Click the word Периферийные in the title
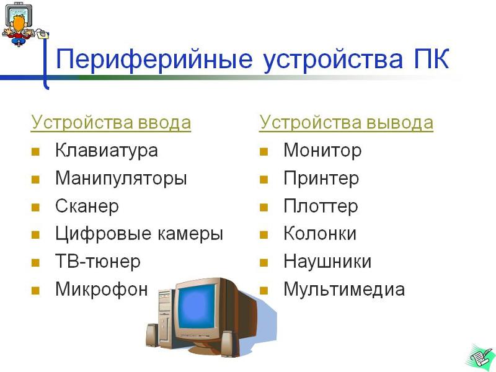154,59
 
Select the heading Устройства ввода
111,123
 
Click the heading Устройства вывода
346,123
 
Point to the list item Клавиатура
107,150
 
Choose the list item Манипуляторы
121,178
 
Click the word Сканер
87,206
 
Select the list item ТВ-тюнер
98,262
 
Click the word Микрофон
102,290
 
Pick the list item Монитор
322,150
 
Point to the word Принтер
321,178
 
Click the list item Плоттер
321,206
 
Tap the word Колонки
320,234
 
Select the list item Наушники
327,262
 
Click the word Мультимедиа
344,290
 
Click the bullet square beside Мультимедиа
264,291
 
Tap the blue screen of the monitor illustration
197,307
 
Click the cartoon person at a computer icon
25,24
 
